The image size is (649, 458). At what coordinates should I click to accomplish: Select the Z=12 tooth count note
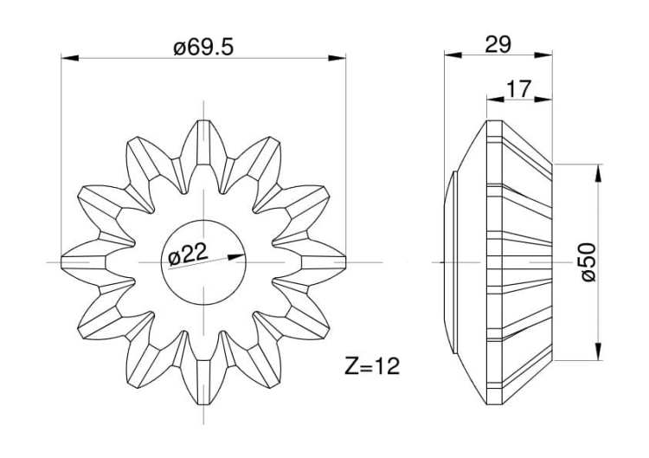369,366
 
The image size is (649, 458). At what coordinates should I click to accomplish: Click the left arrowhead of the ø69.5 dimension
67,59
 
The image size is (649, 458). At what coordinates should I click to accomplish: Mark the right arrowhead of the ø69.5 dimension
338,59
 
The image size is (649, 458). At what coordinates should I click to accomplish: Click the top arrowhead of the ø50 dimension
598,169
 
